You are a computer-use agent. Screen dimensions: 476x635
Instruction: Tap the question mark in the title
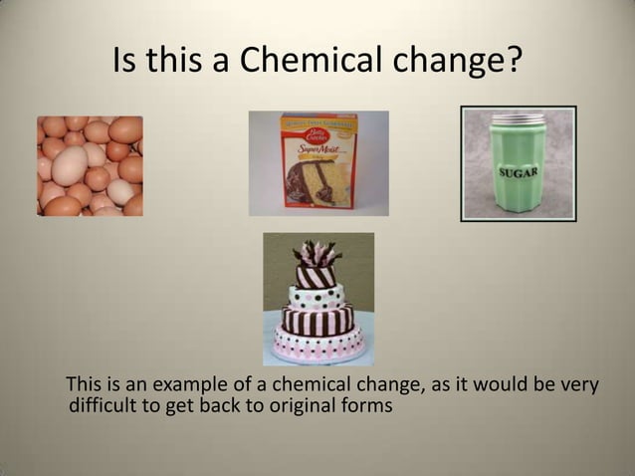pos(512,62)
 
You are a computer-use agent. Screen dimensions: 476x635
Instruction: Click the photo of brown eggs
pos(90,165)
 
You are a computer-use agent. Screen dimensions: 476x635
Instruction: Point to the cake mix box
pos(319,161)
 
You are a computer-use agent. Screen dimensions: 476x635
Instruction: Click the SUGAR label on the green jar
pos(519,172)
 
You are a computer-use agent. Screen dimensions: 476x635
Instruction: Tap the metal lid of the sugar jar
pos(518,118)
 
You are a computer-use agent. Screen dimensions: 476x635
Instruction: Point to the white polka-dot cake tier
pos(317,295)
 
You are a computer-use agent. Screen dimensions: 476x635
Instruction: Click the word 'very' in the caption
pos(579,386)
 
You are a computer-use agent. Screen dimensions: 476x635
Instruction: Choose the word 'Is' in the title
pos(127,62)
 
